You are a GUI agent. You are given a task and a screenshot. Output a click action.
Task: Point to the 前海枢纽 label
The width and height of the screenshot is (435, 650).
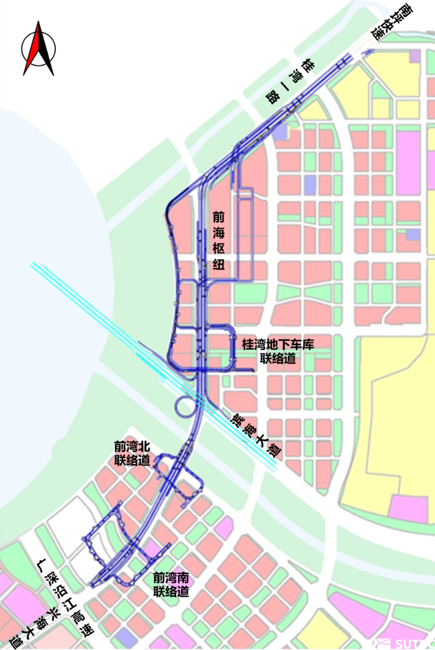point(218,240)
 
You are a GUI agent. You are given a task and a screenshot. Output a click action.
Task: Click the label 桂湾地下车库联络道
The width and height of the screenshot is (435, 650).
point(277,351)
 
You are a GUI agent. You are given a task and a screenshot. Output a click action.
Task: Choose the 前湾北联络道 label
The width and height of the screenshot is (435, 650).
point(132,453)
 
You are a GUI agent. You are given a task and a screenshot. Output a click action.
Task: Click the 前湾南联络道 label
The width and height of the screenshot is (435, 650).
point(171,584)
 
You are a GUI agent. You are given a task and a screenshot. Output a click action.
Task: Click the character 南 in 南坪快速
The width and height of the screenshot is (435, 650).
point(404,10)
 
